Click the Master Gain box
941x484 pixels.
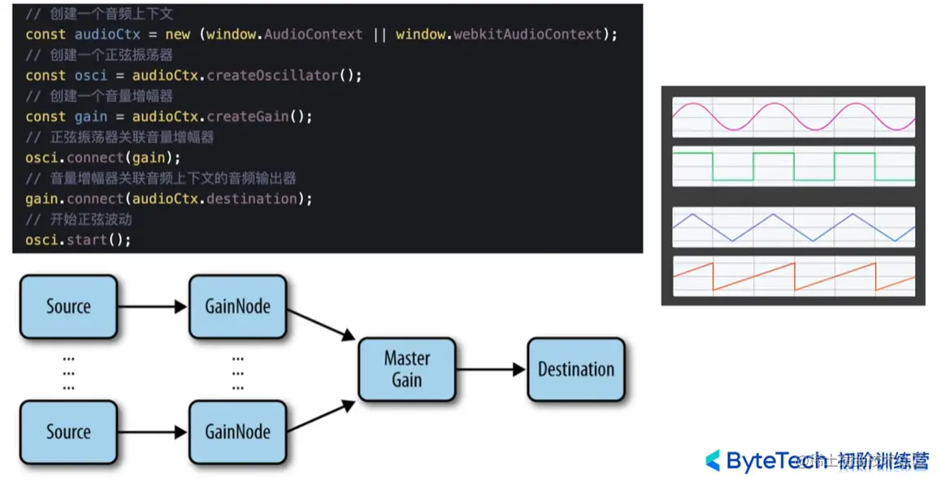click(407, 369)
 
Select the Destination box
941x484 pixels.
click(576, 369)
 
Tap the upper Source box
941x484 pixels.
click(68, 307)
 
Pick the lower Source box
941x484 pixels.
click(68, 432)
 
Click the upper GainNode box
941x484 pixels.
click(237, 307)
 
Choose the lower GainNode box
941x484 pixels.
click(237, 432)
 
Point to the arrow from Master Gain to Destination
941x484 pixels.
click(491, 369)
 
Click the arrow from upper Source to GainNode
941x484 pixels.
click(153, 307)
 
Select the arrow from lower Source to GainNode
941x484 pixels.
click(153, 432)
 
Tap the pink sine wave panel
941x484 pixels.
click(793, 117)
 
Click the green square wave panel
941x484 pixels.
click(793, 166)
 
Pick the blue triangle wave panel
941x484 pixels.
click(793, 227)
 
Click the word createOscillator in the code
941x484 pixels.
click(271, 76)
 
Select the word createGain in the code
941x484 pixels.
click(248, 116)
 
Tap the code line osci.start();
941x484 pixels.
click(78, 240)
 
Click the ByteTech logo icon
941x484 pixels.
click(713, 460)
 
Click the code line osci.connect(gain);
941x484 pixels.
click(103, 157)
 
